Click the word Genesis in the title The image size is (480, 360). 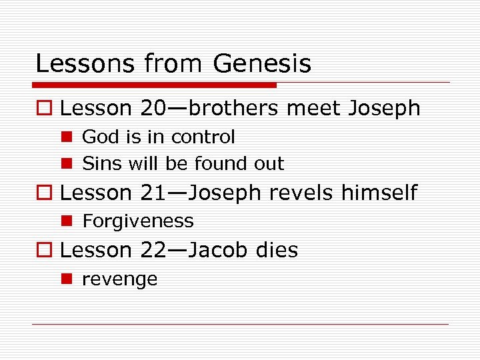[262, 64]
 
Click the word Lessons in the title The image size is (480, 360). [73, 64]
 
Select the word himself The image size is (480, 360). [379, 193]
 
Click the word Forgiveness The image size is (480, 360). [137, 221]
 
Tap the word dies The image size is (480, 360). [275, 250]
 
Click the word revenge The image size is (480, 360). [119, 279]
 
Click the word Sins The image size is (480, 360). [97, 163]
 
